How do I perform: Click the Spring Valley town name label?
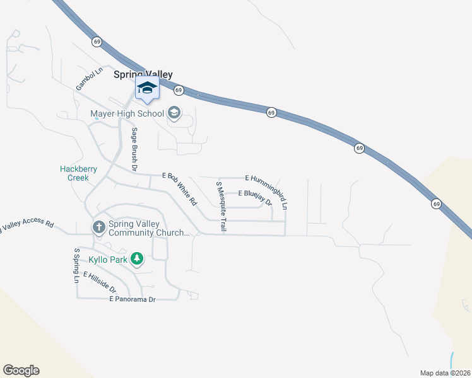143,74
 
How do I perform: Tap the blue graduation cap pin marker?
147,89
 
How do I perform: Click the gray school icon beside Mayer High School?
174,113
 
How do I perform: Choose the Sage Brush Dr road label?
134,149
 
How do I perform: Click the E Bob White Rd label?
180,189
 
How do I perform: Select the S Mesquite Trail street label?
221,207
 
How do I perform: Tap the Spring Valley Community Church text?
149,228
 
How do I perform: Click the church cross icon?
98,227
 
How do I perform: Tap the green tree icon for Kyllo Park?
138,259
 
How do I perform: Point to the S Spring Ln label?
76,265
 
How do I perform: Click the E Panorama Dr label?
132,299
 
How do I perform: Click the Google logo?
21,370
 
